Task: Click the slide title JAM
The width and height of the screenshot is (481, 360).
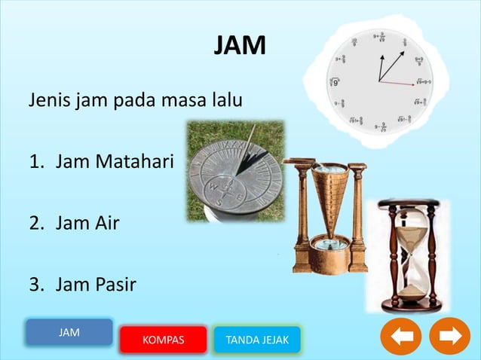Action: (x=240, y=47)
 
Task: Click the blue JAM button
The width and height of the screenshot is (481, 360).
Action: (x=69, y=331)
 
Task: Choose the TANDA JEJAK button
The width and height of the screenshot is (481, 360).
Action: (x=257, y=340)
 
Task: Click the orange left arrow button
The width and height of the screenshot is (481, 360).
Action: (x=400, y=336)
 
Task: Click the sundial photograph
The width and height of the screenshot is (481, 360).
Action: (x=234, y=171)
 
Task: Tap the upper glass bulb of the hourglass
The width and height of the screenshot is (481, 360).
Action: (x=408, y=230)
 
